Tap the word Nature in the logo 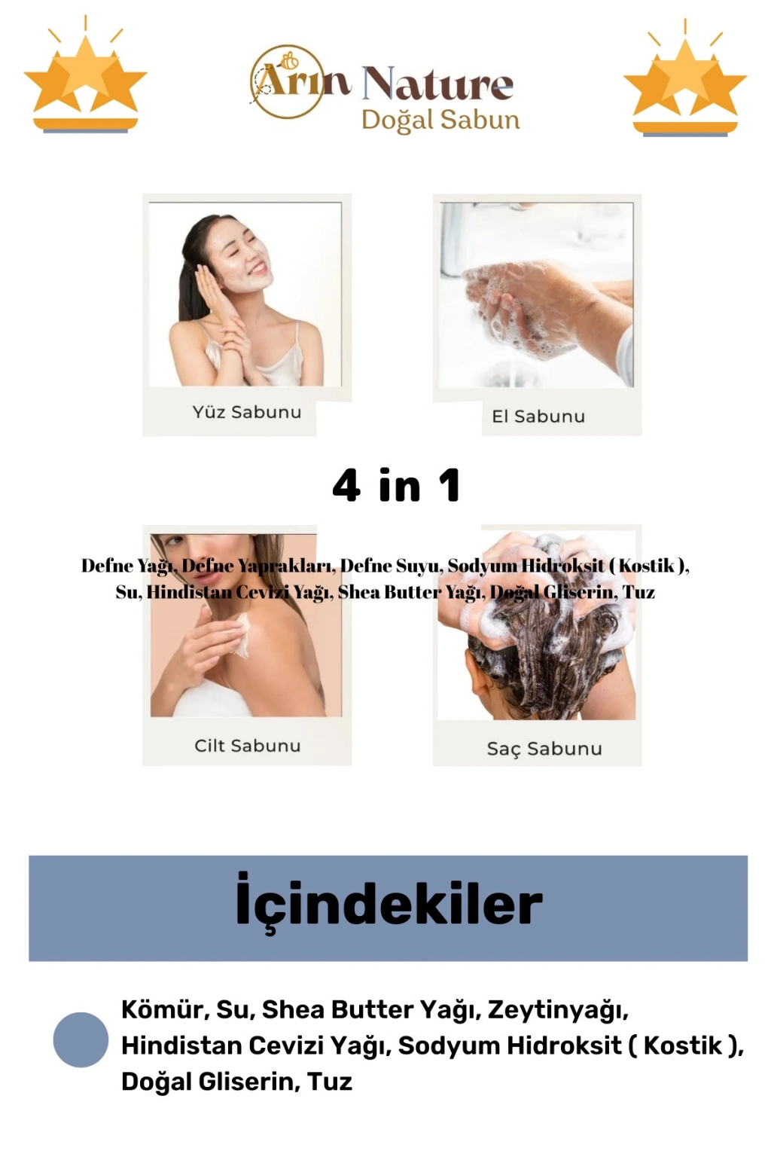[438, 84]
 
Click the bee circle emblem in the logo [287, 81]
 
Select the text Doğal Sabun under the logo [440, 121]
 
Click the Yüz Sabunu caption [247, 412]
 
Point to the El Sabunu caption [538, 417]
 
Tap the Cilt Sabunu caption [248, 746]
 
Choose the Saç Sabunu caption [544, 749]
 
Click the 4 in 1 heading [396, 485]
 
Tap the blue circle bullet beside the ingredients [81, 1039]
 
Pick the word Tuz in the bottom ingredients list [330, 1081]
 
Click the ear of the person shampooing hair [477, 678]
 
